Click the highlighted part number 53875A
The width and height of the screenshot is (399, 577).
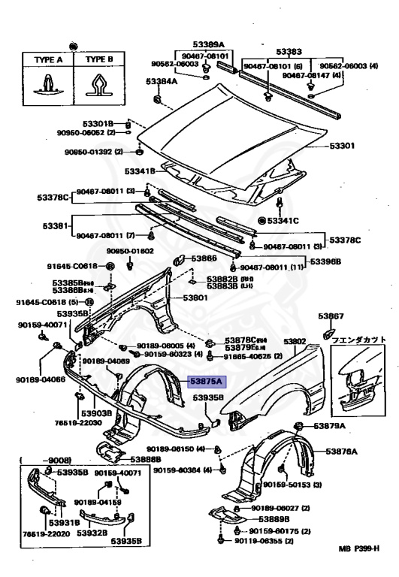click(203, 381)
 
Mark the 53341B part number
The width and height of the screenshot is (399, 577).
click(140, 172)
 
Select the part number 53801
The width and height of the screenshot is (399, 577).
click(198, 298)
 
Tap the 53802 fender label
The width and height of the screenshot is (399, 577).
click(295, 341)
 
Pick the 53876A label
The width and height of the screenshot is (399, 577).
click(341, 452)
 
